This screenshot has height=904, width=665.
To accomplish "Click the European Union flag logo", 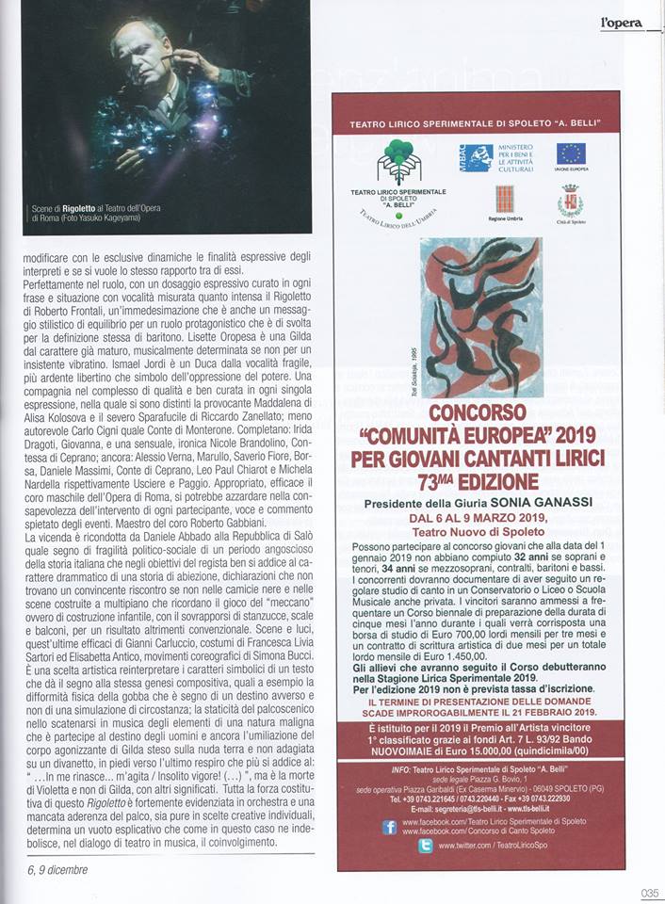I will (570, 153).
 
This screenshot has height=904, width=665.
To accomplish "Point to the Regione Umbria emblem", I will (506, 199).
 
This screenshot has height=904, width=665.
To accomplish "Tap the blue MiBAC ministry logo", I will (477, 157).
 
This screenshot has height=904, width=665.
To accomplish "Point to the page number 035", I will (649, 894).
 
